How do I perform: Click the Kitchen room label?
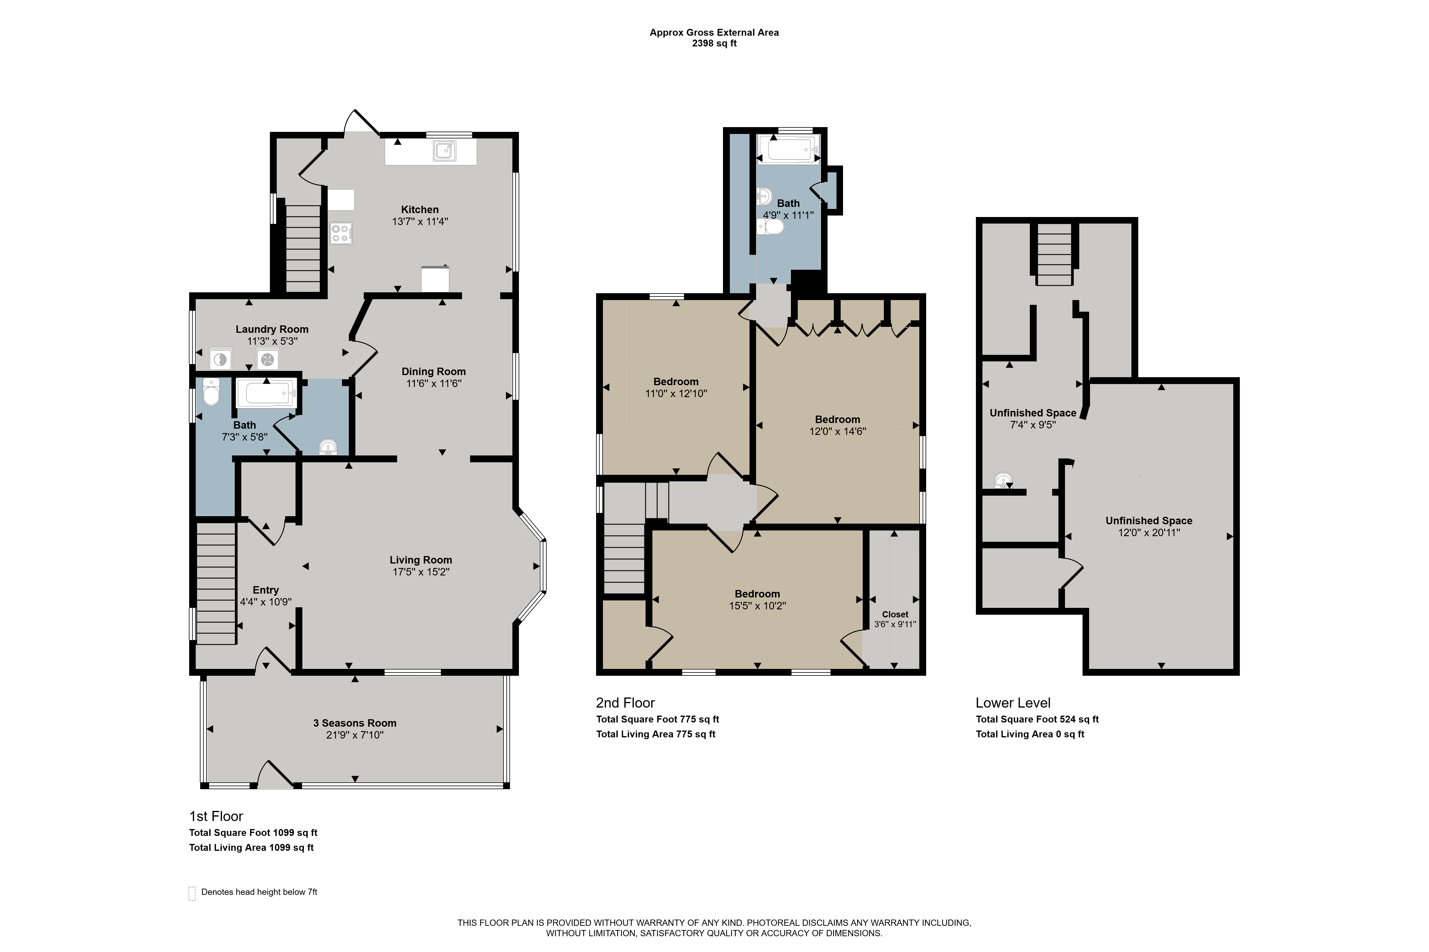tap(420, 210)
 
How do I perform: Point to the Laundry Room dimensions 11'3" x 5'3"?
tap(272, 341)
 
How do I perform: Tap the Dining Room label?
tap(434, 372)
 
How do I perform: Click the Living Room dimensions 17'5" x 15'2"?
tap(421, 572)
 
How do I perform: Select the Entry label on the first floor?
tap(265, 590)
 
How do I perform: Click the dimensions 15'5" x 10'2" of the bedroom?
tap(758, 606)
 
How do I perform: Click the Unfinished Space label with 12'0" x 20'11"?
tap(1149, 521)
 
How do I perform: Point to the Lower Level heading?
tap(1013, 703)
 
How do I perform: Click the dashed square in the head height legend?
tap(192, 893)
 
